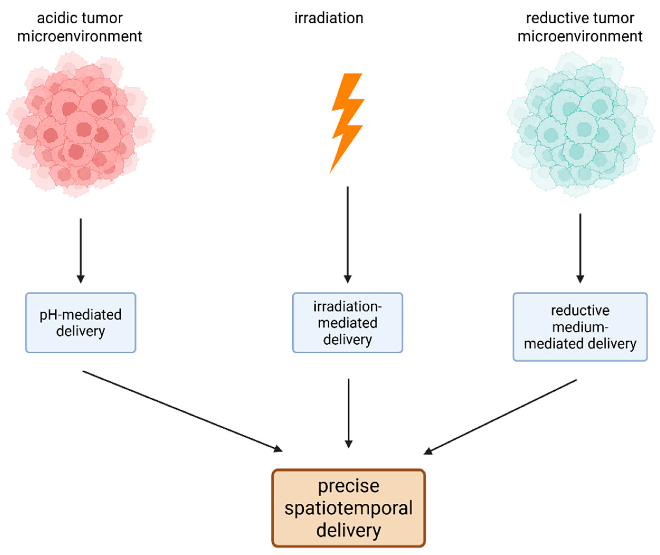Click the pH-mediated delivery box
tap(81, 323)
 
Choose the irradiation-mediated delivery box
tap(348, 323)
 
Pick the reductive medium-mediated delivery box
tap(580, 327)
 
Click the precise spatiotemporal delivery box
tap(348, 508)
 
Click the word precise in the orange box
tap(348, 486)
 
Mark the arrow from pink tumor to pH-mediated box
tap(81, 250)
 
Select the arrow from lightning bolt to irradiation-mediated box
tap(348, 234)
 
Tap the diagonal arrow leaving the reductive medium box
tap(500, 416)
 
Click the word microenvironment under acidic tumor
tap(80, 36)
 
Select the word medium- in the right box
tap(580, 327)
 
